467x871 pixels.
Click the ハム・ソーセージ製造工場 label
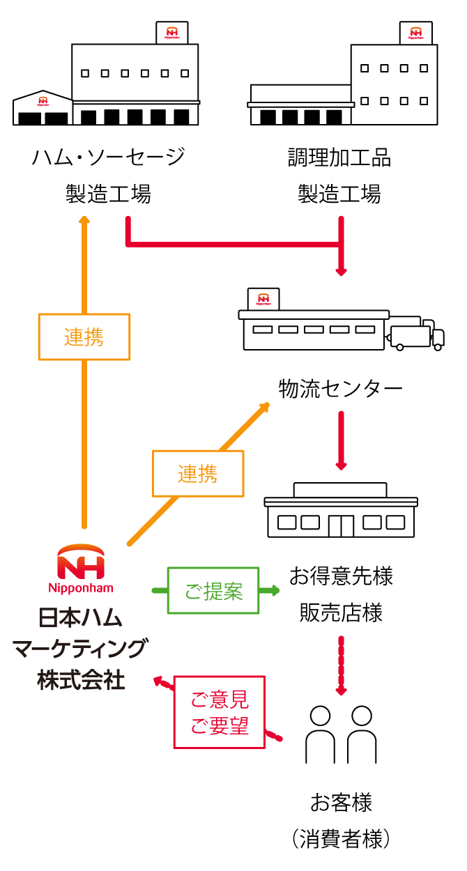(x=108, y=175)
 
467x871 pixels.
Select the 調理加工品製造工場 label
(x=339, y=175)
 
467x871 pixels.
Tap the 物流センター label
(x=340, y=388)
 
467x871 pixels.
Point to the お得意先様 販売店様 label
(x=341, y=594)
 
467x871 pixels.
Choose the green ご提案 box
(x=213, y=591)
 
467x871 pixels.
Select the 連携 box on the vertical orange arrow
(x=84, y=337)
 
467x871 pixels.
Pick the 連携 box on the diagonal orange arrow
(x=198, y=474)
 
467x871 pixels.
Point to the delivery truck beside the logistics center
(x=417, y=334)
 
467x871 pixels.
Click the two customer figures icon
(x=341, y=734)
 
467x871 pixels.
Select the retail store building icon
(x=341, y=509)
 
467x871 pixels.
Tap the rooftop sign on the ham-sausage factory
(x=172, y=33)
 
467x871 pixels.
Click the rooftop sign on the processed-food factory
(x=415, y=33)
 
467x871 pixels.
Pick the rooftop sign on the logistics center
(x=263, y=299)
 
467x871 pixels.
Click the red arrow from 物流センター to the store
(x=341, y=440)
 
